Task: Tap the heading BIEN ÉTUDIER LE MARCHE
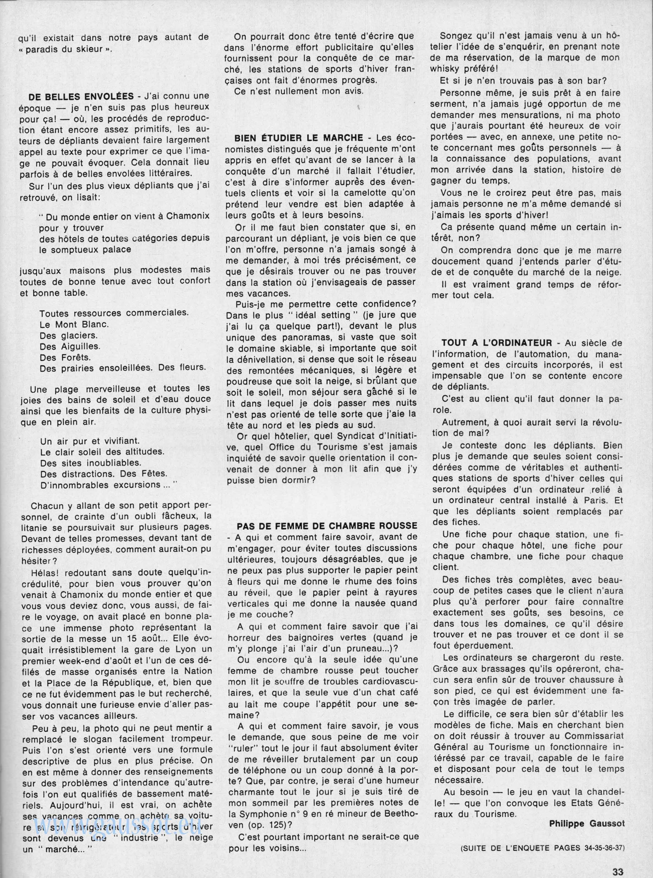(299, 138)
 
